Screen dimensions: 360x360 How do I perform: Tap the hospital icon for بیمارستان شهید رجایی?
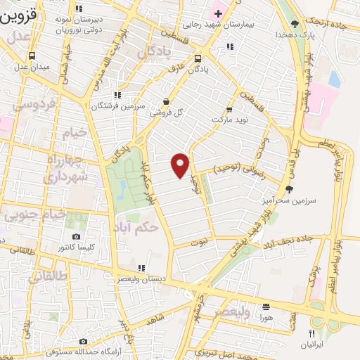pos(218,13)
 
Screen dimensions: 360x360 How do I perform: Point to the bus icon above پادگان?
pos(198,59)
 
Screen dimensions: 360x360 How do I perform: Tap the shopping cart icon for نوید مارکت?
pos(229,110)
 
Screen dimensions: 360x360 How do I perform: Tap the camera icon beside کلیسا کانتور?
pos(76,238)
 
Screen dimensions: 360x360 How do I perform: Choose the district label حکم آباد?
pos(136,226)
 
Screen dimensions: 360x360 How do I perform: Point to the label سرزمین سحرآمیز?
pos(290,200)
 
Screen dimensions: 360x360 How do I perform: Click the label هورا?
pos(266,318)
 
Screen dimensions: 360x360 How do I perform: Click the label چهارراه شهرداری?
pos(66,169)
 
